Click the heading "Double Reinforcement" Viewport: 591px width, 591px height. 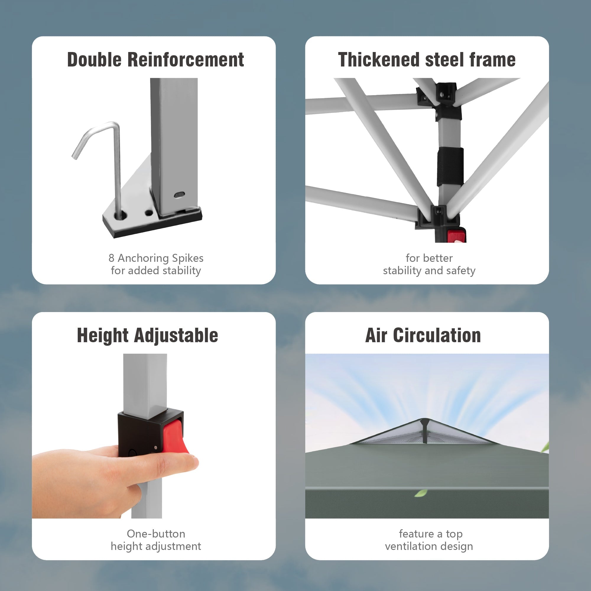point(155,60)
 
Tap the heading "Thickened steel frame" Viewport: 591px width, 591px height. point(427,60)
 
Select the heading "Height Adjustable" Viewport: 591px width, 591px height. point(147,336)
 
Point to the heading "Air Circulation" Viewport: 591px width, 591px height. point(423,335)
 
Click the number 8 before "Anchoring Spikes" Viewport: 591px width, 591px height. point(111,258)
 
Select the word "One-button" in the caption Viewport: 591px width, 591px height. point(156,534)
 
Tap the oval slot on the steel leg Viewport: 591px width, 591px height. point(179,194)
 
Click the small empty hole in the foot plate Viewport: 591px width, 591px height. point(149,212)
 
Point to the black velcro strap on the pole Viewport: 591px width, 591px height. point(450,166)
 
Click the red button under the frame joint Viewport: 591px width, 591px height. point(456,236)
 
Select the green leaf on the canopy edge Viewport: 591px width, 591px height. point(420,493)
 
